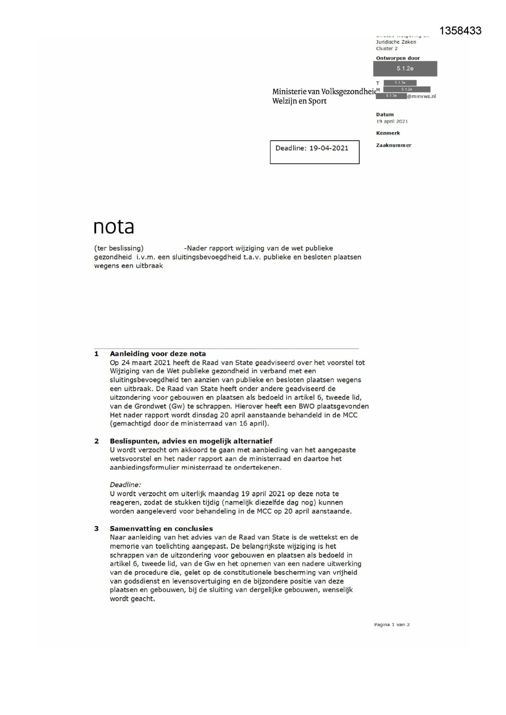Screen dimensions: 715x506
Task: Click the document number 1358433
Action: click(460, 31)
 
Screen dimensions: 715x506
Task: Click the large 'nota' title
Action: click(114, 227)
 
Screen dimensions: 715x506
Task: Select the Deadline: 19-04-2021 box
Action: click(314, 152)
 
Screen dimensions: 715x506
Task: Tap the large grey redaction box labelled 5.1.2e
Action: click(405, 68)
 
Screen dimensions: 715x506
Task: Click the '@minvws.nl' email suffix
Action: click(421, 97)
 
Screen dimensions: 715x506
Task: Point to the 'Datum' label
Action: click(384, 115)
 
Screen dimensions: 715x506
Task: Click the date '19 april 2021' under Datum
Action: click(391, 121)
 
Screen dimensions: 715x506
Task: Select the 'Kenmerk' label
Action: click(388, 133)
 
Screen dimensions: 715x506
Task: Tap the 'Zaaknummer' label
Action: click(393, 145)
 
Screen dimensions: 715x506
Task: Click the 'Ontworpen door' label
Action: click(398, 58)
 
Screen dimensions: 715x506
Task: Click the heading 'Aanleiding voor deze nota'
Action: click(157, 354)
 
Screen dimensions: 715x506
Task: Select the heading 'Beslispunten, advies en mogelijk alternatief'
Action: click(191, 441)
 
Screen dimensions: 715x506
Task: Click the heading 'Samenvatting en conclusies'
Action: click(161, 529)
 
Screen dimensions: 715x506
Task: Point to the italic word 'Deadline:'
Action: click(125, 485)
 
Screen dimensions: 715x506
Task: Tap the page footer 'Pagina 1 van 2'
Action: click(391, 625)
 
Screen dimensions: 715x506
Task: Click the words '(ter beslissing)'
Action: click(119, 248)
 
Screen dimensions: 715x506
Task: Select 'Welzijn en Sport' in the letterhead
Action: click(299, 101)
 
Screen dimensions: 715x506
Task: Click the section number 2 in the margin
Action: click(97, 441)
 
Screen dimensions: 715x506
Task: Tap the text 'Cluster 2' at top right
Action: click(387, 49)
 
